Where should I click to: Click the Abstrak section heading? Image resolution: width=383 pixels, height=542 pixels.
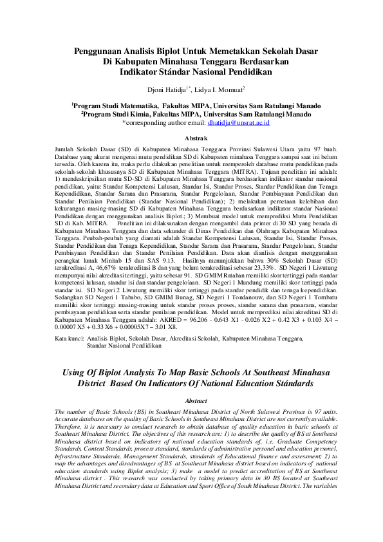(x=191, y=138)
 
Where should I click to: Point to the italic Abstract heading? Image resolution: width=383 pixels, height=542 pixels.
(x=191, y=400)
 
